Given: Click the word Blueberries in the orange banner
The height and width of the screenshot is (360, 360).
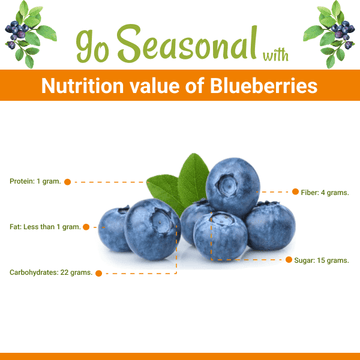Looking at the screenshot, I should [x=262, y=87].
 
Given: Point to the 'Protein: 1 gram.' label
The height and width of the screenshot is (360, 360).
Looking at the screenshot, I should [x=35, y=181].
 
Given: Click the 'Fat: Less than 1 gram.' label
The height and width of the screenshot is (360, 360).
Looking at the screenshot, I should [x=45, y=226].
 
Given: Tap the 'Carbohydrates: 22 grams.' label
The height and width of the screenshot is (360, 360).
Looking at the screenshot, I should [x=51, y=272].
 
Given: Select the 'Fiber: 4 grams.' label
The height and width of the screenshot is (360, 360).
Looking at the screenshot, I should [x=324, y=191].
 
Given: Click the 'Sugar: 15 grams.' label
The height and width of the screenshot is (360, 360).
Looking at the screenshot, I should [x=321, y=260].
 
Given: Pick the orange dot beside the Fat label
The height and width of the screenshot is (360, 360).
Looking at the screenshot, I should [x=87, y=226].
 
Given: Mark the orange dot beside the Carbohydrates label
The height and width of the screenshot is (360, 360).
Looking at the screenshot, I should [x=98, y=272].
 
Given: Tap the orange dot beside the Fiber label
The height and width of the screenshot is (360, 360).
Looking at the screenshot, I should [x=293, y=191].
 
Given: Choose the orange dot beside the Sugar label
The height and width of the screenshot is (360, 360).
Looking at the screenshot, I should [x=288, y=260].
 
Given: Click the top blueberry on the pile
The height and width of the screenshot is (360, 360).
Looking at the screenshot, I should [x=232, y=184].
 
